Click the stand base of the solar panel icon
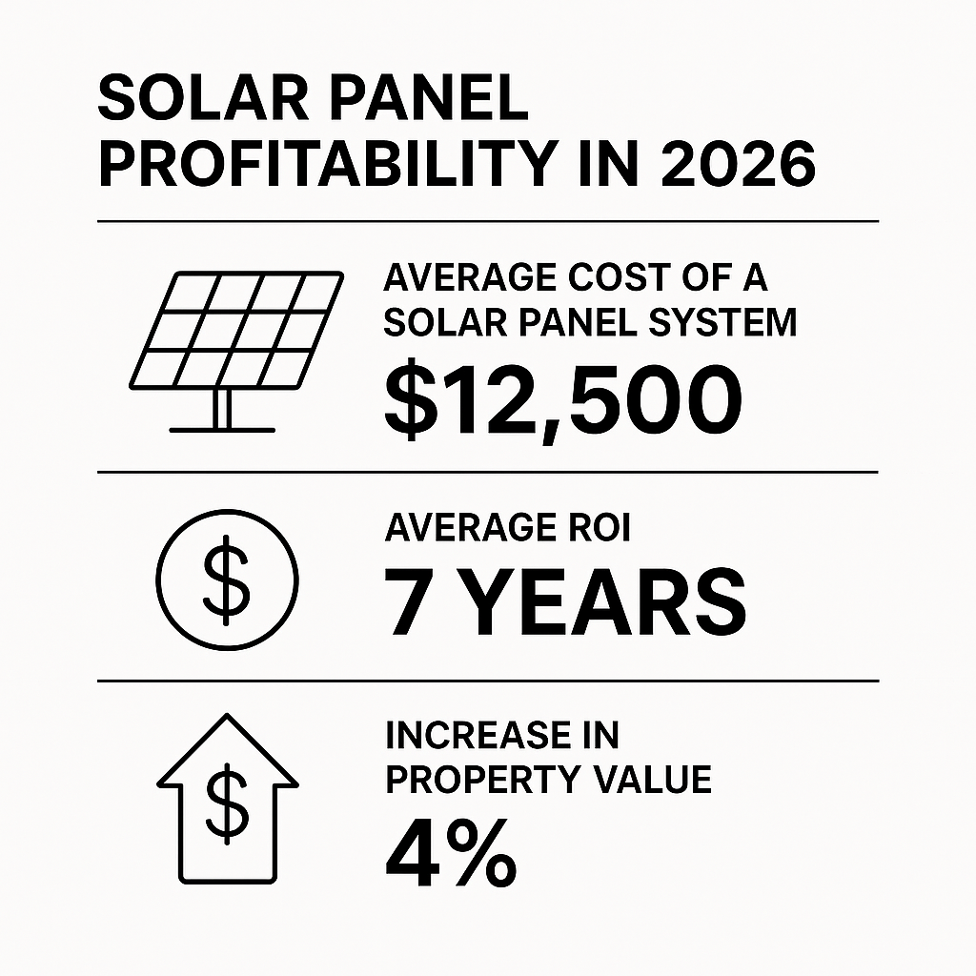point(222,428)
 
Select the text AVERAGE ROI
point(507,529)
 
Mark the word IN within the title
point(607,166)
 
